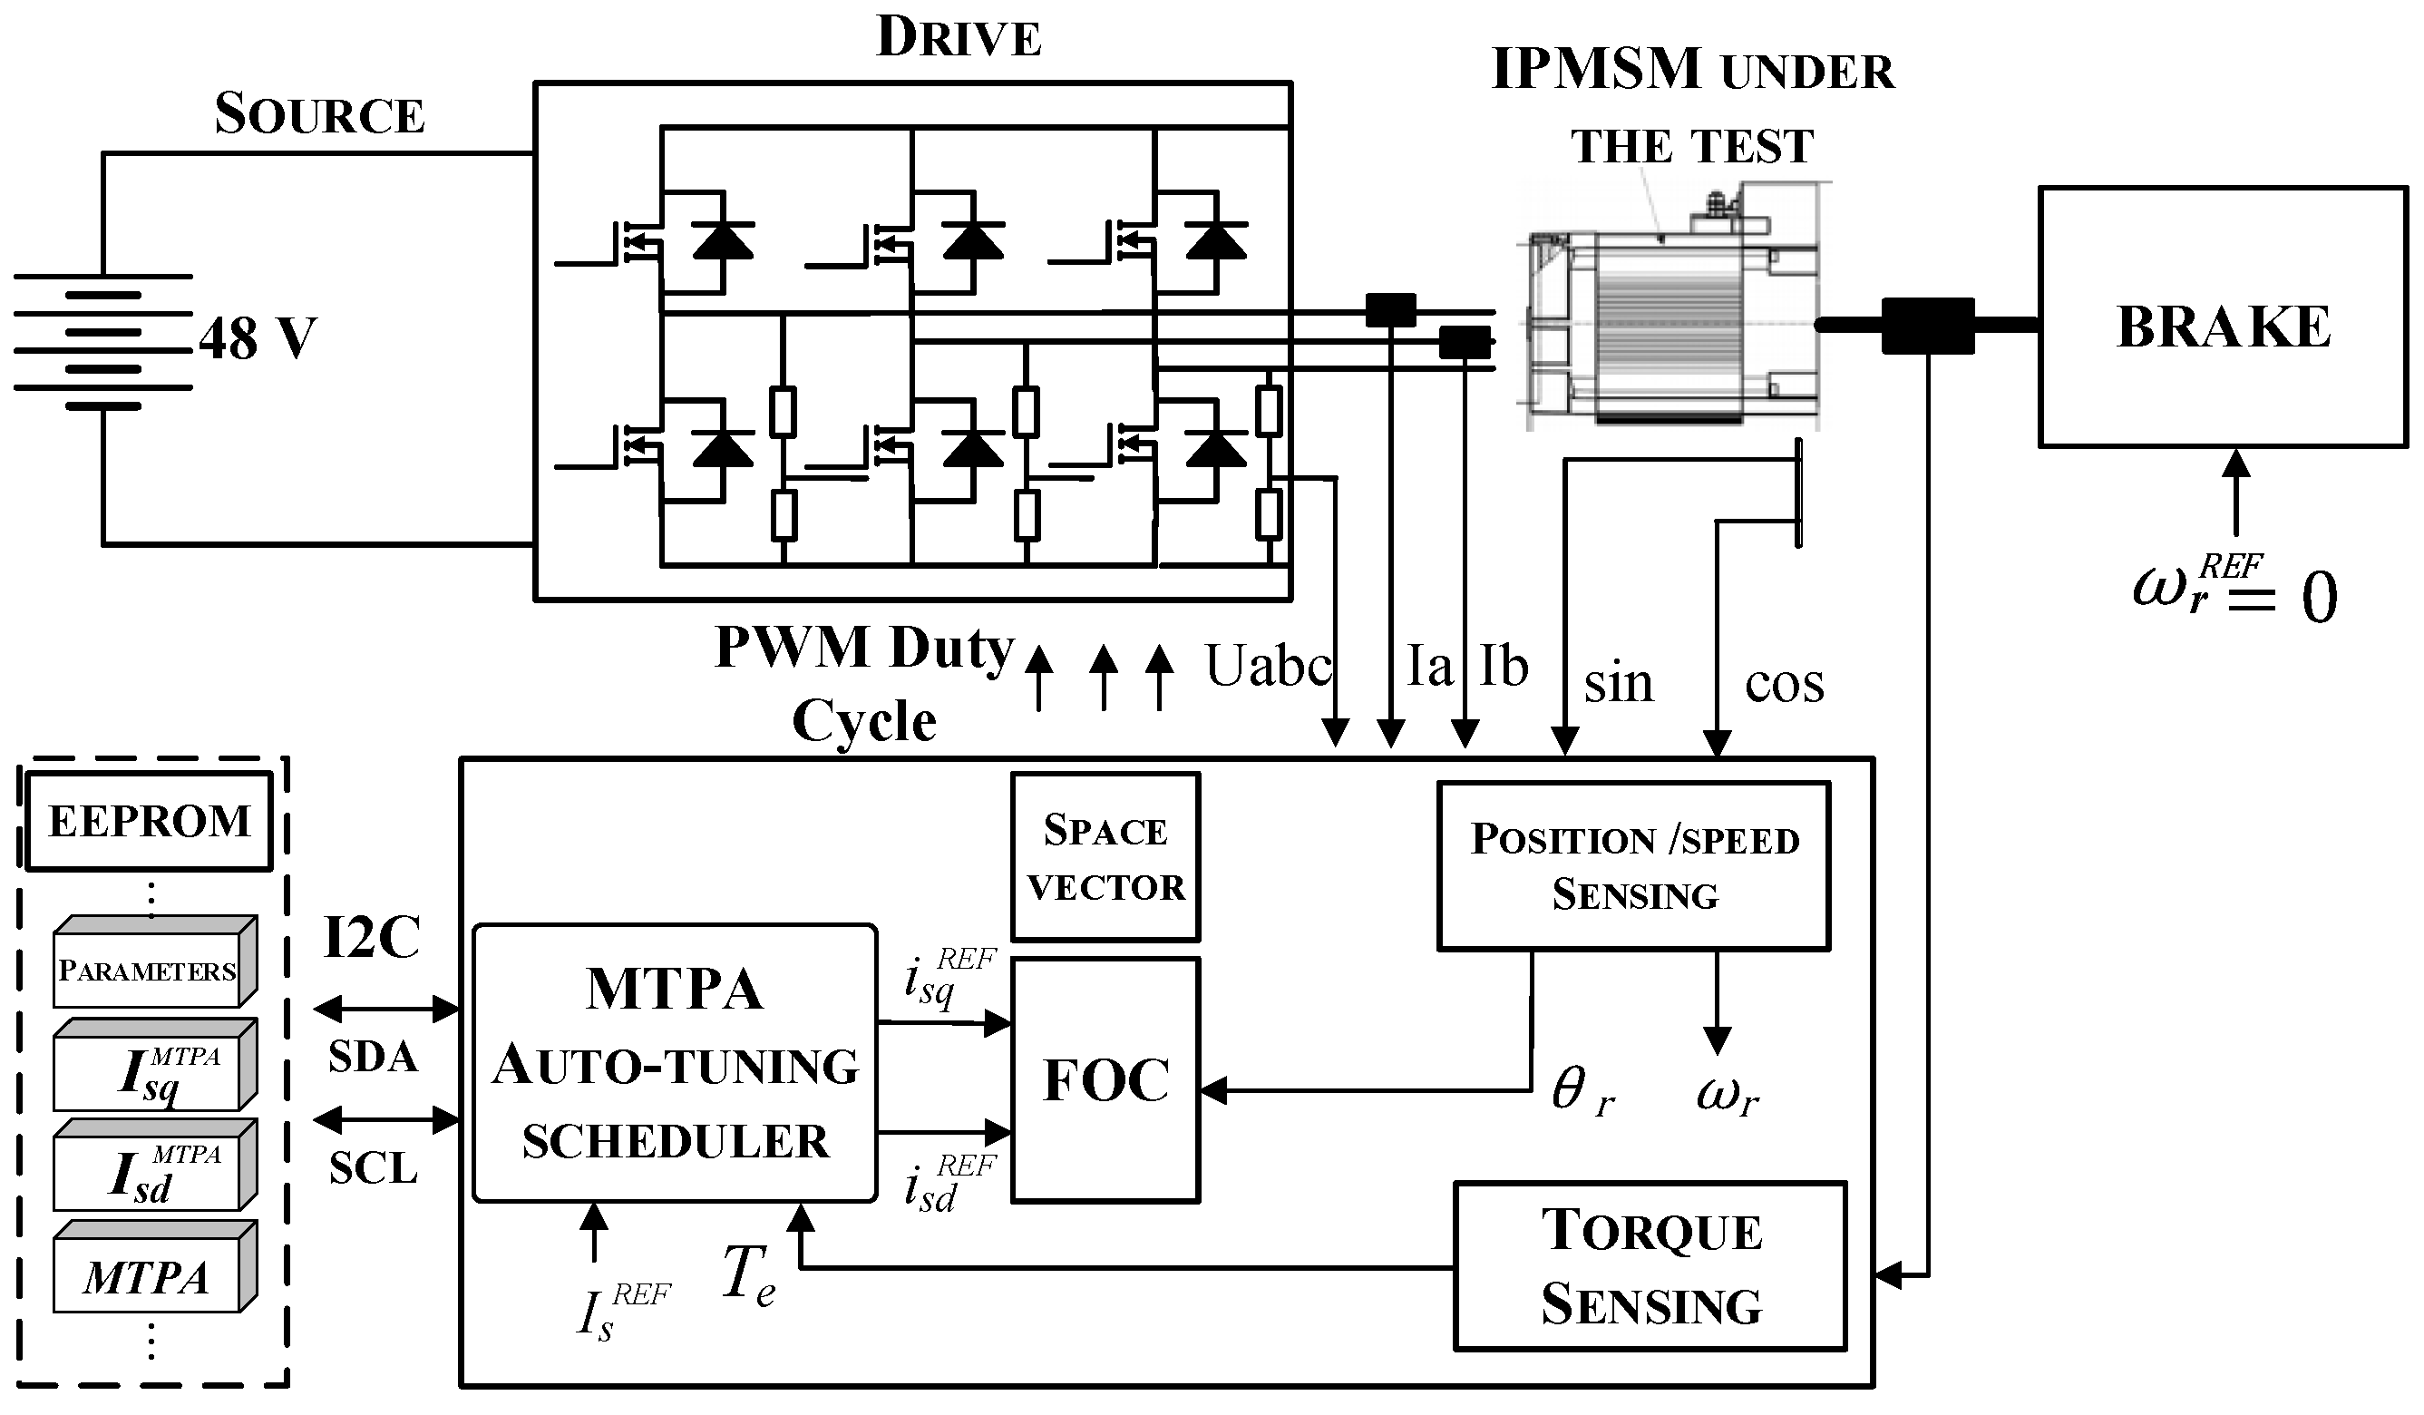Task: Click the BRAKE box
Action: (x=2222, y=317)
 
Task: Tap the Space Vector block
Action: (x=1105, y=857)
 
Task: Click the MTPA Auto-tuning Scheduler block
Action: (x=675, y=1064)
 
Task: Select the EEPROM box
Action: (x=149, y=822)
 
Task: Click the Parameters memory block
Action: (x=149, y=967)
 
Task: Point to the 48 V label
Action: (x=258, y=338)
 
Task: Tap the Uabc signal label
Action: (x=1268, y=666)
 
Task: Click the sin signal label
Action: (x=1618, y=684)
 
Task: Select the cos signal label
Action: (x=1784, y=684)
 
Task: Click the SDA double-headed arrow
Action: (x=386, y=1009)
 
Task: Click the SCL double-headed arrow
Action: (x=386, y=1119)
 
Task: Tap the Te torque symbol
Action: (x=747, y=1274)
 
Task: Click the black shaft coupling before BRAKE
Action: (x=1927, y=325)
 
